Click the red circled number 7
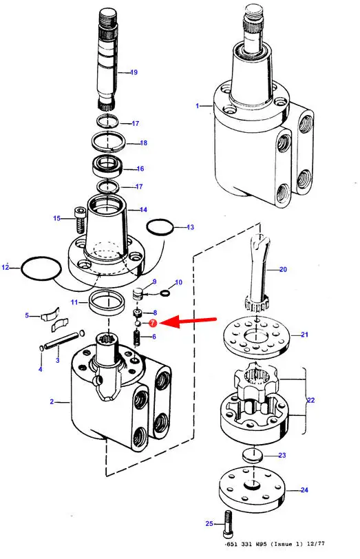pyautogui.click(x=153, y=323)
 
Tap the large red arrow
pyautogui.click(x=188, y=321)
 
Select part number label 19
pyautogui.click(x=134, y=72)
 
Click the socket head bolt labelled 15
pyautogui.click(x=80, y=220)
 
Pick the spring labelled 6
pyautogui.click(x=136, y=338)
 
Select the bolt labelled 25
pyautogui.click(x=228, y=525)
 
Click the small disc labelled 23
pyautogui.click(x=252, y=455)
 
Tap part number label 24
pyautogui.click(x=304, y=490)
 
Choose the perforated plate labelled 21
pyautogui.click(x=257, y=337)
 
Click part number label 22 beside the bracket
pyautogui.click(x=311, y=401)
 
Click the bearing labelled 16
pyautogui.click(x=107, y=166)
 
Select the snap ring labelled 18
pyautogui.click(x=108, y=141)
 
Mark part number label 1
pyautogui.click(x=197, y=106)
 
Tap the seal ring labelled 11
pyautogui.click(x=106, y=303)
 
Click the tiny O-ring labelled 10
pyautogui.click(x=165, y=293)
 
